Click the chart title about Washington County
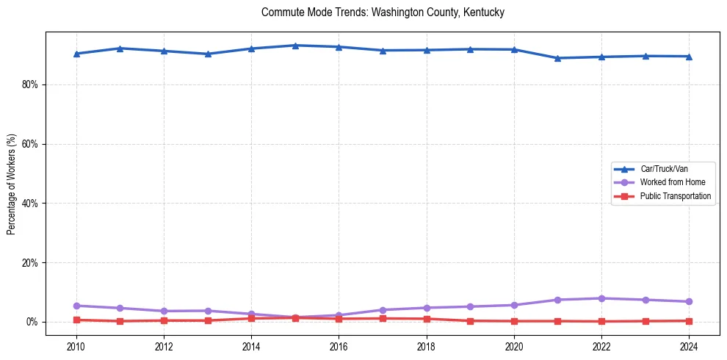[383, 12]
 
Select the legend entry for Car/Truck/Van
[664, 169]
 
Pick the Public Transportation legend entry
[675, 196]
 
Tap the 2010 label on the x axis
[76, 346]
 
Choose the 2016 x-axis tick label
[339, 346]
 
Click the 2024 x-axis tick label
[689, 346]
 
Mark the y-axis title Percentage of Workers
[12, 184]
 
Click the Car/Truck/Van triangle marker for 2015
[295, 46]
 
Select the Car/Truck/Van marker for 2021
[557, 58]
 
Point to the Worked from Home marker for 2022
[601, 298]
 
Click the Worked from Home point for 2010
[76, 306]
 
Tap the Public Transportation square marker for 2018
[427, 319]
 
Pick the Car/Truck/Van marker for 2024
[689, 57]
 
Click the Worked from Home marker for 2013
[208, 311]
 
